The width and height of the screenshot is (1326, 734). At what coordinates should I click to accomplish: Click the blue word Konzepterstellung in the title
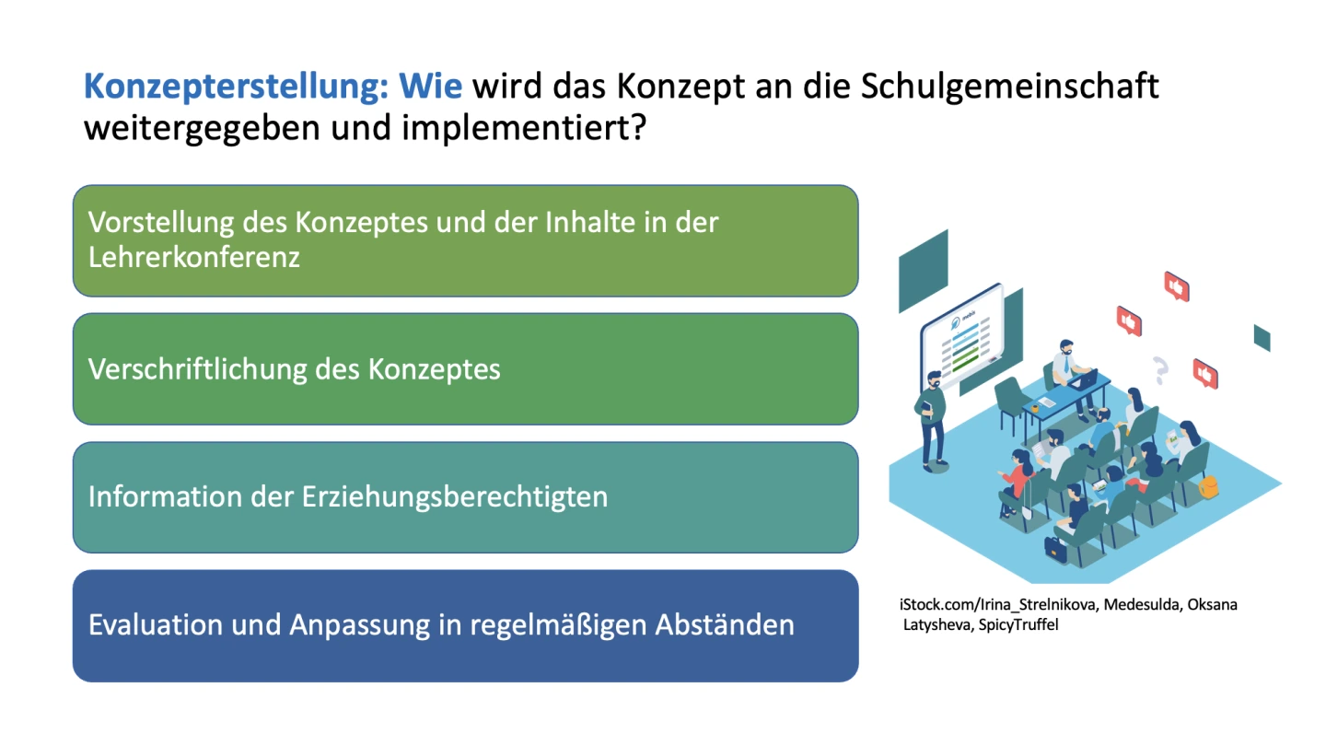coord(236,87)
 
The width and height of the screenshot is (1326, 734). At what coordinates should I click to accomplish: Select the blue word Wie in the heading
coord(430,86)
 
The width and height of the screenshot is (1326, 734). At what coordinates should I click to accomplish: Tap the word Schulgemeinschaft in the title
coord(1009,87)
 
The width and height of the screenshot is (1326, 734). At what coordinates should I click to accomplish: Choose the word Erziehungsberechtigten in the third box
coord(455,497)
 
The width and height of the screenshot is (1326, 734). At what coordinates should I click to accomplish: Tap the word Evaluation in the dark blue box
coord(155,624)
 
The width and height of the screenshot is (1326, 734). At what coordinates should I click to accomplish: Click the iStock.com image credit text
coord(1068,614)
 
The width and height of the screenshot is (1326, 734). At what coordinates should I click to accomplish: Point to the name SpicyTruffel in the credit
coord(1018,624)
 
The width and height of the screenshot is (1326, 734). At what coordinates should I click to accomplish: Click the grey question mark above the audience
coord(1160,370)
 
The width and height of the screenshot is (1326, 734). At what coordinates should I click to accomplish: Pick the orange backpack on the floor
coord(1208,486)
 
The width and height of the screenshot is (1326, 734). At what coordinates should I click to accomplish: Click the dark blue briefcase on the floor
coord(1054,548)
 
